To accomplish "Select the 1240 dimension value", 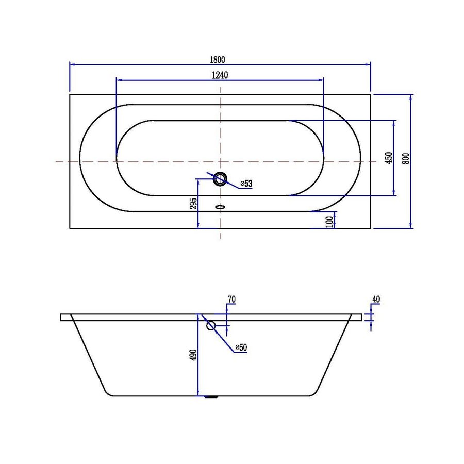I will (x=220, y=75).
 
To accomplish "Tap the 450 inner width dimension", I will (x=389, y=158).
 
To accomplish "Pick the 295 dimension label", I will (x=194, y=204).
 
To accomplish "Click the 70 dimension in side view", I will (x=231, y=300).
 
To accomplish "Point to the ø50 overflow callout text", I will (x=241, y=348).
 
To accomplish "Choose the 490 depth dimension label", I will (x=193, y=355).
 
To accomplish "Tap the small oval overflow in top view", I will (x=221, y=208).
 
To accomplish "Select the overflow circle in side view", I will (x=211, y=325).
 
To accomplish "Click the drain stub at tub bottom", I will (x=211, y=397).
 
